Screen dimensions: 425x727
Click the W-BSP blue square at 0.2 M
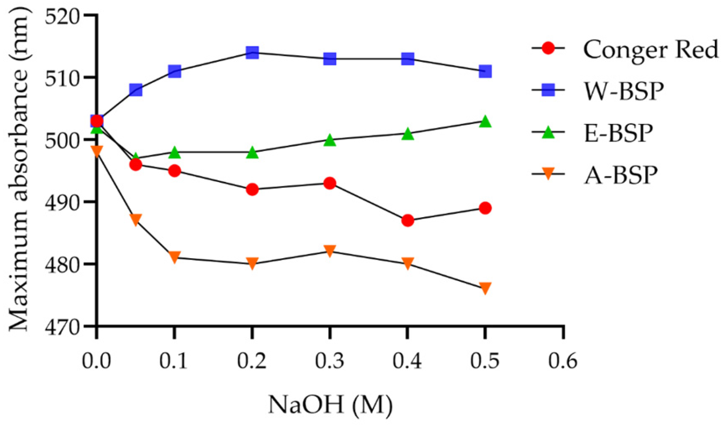(x=252, y=53)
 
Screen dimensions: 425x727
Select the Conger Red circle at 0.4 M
(x=408, y=220)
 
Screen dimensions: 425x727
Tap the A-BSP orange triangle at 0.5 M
(x=485, y=288)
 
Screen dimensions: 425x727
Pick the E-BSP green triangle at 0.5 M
(x=485, y=122)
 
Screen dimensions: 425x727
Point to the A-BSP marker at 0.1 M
(x=174, y=257)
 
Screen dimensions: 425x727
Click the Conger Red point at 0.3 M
(x=330, y=183)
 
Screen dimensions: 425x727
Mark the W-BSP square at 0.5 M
(x=485, y=71)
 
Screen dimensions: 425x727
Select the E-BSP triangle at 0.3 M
(x=330, y=140)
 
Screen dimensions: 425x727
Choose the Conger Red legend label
(x=650, y=49)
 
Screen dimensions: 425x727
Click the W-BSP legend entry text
(x=624, y=91)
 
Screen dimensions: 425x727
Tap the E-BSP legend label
(x=618, y=133)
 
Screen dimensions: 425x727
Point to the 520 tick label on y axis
(x=62, y=16)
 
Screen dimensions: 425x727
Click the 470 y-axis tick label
(x=62, y=327)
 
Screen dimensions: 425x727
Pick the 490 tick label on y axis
(x=62, y=202)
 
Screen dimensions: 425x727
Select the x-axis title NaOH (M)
(x=330, y=405)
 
